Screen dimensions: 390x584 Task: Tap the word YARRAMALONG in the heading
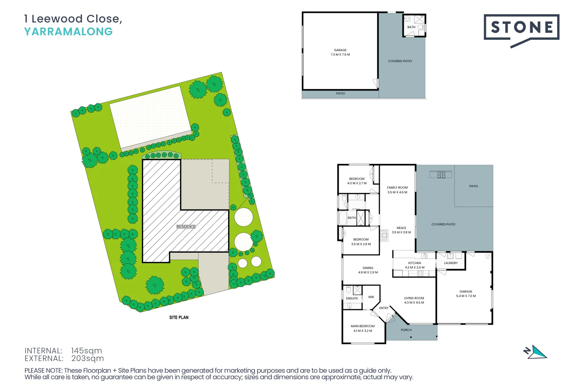[x=68, y=32]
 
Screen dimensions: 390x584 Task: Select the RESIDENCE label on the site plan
[x=186, y=227]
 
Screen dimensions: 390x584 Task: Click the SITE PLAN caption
[x=179, y=317]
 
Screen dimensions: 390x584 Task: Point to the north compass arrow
[x=536, y=352]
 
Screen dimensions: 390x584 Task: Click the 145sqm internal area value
[x=87, y=351]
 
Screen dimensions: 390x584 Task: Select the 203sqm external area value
[x=88, y=359]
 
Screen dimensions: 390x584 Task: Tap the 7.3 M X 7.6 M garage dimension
[x=340, y=55]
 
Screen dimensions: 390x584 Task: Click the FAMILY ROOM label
[x=397, y=187]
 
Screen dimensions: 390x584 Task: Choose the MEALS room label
[x=401, y=228]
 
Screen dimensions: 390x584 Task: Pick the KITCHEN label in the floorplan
[x=415, y=263]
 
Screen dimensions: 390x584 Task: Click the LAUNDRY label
[x=451, y=263]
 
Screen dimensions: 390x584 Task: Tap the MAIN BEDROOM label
[x=363, y=326]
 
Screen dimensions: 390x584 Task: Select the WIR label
[x=371, y=297]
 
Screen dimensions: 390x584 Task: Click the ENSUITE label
[x=352, y=298]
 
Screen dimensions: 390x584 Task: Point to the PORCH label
[x=406, y=330]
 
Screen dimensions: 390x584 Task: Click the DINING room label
[x=368, y=268]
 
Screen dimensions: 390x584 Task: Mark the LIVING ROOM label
[x=414, y=298]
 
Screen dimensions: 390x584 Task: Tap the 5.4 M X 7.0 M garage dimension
[x=466, y=296]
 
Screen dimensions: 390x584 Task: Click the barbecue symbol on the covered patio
[x=441, y=175]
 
